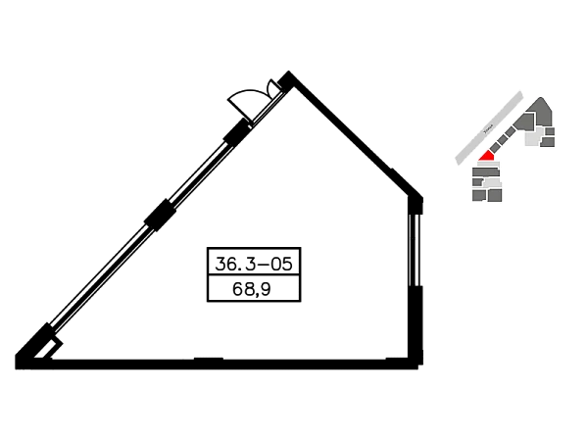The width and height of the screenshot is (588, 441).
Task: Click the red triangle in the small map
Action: [486, 155]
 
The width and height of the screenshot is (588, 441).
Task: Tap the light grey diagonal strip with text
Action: [490, 127]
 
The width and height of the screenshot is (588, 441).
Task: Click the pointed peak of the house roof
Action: [285, 69]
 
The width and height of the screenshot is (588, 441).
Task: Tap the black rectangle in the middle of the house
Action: [255, 272]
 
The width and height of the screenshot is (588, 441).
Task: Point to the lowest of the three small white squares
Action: [217, 263]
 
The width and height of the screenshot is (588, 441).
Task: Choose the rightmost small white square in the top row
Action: [264, 255]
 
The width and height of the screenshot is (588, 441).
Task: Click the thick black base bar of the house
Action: [216, 364]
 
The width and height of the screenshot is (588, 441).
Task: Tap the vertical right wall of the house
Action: [413, 274]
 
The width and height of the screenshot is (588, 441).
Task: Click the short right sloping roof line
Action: [353, 132]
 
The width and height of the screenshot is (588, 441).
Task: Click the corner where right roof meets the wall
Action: [413, 189]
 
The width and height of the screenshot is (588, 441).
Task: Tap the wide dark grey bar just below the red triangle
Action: [485, 171]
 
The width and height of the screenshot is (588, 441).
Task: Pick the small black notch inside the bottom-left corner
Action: [65, 342]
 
